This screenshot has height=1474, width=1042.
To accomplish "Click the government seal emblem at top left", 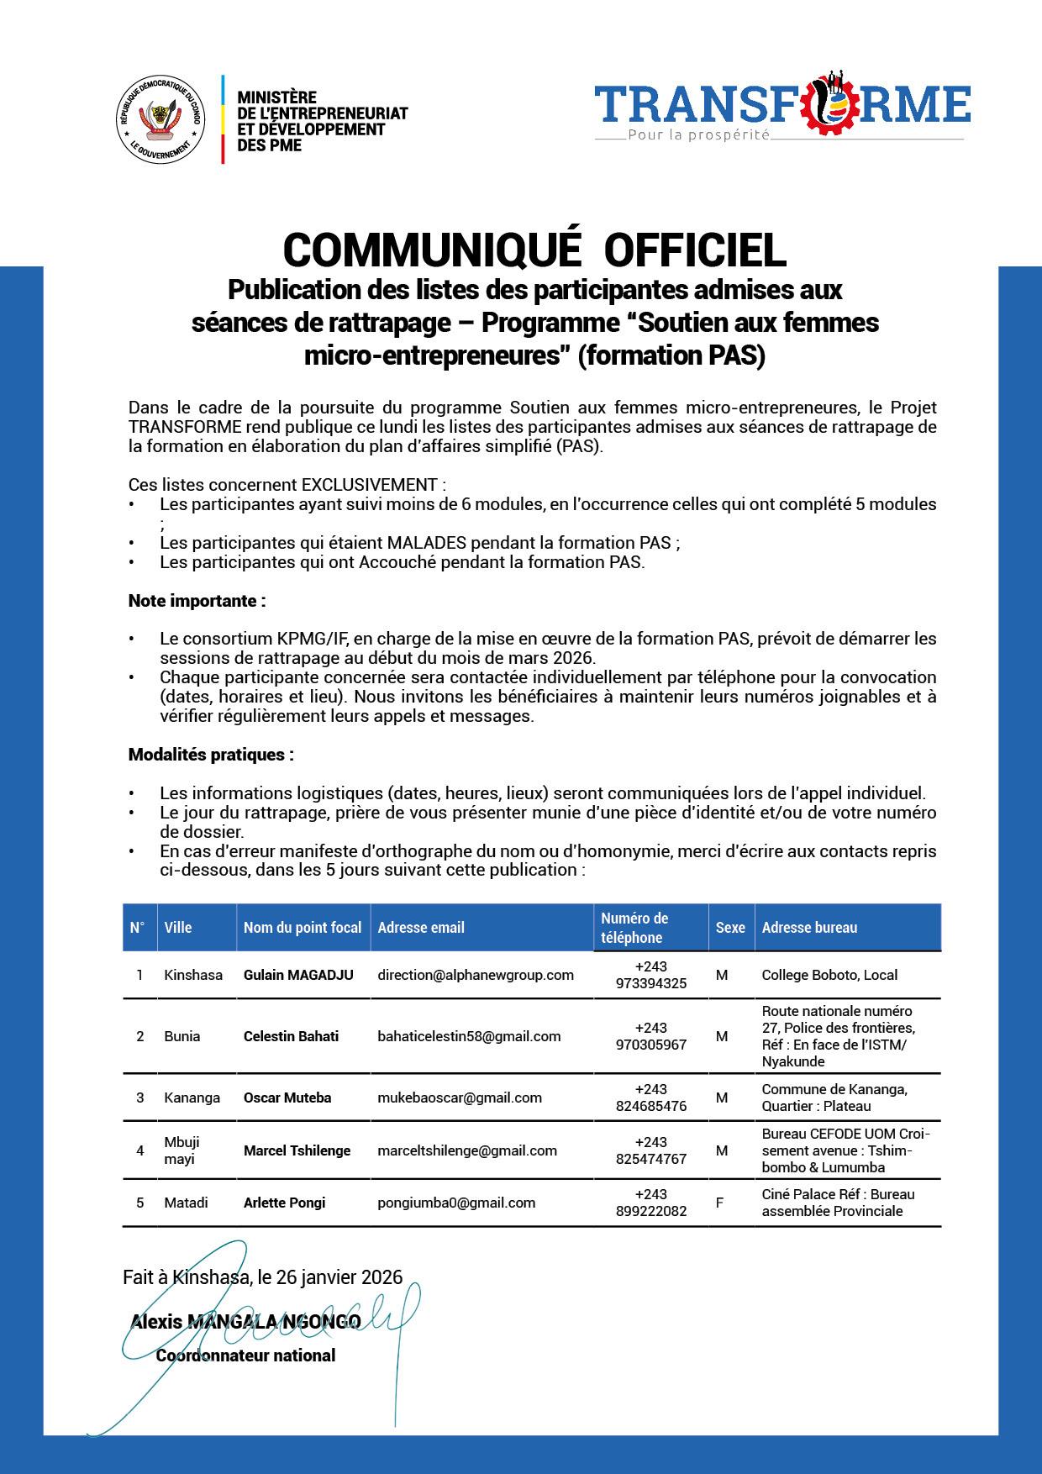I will coord(159,118).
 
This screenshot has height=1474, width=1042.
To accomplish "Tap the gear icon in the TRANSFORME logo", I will coord(834,103).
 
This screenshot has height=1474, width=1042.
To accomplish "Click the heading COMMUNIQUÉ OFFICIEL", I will coord(534,248).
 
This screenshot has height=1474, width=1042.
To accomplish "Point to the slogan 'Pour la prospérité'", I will coord(697,135).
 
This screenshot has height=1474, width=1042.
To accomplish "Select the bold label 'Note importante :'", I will coord(197,601).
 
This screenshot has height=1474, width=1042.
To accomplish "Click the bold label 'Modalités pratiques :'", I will coord(211,755).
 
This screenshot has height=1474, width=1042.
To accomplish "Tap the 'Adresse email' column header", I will coord(421,928).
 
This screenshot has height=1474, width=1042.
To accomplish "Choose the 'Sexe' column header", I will coord(730,928).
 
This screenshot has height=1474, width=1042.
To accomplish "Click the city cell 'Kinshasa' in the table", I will coord(193,975).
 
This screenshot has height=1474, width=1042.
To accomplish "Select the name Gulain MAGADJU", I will coord(298,975).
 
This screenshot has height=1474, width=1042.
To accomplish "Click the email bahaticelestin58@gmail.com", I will coord(469,1036).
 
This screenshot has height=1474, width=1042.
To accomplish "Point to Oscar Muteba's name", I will coord(287,1098).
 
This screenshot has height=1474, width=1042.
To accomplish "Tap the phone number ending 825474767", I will coord(651,1159).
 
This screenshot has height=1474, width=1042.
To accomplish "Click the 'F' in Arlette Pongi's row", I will coord(719,1203).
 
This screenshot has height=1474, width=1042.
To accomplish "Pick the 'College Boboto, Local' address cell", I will coord(829,975).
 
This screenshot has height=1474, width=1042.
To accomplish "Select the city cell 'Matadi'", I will coord(186,1203).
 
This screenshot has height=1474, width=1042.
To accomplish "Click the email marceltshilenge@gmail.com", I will coord(467,1150).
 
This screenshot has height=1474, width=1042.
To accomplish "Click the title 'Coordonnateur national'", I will coord(245,1356).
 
